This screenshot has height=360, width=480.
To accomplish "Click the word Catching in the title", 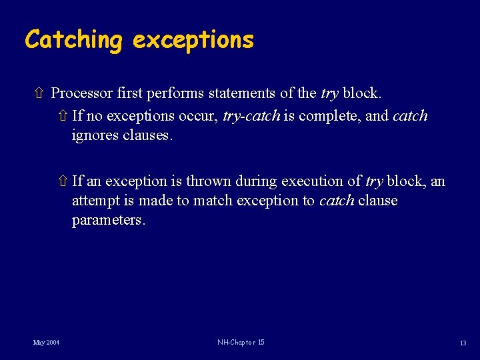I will point(73,40).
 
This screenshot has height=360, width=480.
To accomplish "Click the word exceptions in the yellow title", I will point(193,40).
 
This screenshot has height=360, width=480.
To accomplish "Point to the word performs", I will point(166,93).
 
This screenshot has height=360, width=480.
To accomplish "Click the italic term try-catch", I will point(251,116).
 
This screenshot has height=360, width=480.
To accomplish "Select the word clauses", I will point(147,135).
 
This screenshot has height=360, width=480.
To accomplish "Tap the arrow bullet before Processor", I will point(42,93).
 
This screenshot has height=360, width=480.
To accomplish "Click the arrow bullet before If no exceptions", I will point(63,116).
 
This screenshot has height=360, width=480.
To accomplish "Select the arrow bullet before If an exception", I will point(63,181).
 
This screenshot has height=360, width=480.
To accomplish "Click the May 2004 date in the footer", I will point(47,343).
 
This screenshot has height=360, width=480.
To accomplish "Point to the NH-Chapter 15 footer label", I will point(241,343).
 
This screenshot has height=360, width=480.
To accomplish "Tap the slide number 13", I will point(463,343).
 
